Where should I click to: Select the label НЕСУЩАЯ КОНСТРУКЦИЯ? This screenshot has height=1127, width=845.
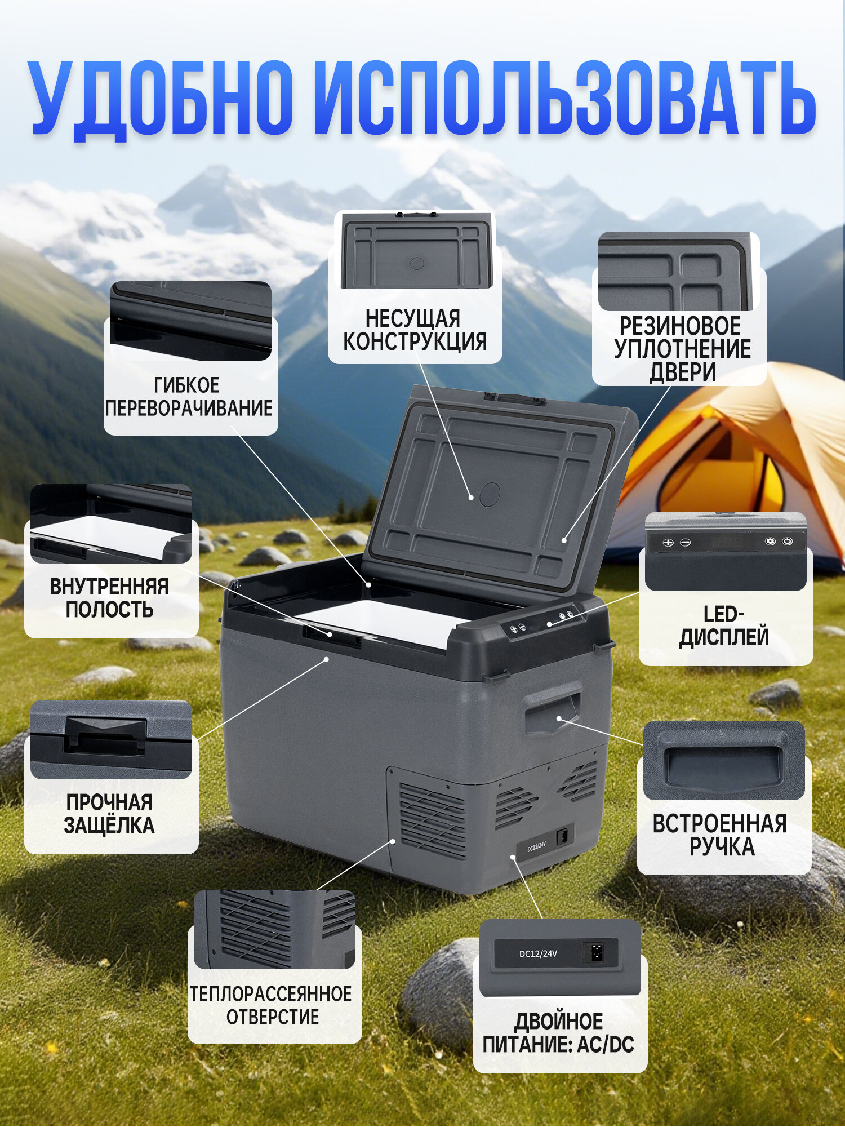coord(415,330)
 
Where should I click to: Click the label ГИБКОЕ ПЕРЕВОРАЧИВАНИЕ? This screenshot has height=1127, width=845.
coord(189,397)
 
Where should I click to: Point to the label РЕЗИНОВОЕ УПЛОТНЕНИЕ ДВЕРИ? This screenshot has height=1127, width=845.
coord(682,349)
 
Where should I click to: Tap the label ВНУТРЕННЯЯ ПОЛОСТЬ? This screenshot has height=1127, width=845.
coord(109,598)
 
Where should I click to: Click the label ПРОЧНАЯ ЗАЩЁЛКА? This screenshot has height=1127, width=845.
coord(109,814)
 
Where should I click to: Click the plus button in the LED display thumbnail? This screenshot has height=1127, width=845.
coord(668,543)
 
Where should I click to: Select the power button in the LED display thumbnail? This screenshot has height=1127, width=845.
coord(787,542)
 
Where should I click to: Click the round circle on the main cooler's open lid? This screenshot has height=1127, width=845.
coord(490,494)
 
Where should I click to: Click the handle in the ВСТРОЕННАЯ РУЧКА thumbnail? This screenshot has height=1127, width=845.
coord(723,766)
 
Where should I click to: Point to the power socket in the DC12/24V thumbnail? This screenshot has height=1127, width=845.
coord(596,952)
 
